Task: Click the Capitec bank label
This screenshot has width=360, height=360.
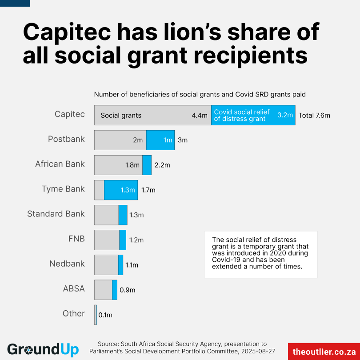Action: point(69,114)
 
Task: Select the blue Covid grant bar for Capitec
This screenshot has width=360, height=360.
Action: point(253,115)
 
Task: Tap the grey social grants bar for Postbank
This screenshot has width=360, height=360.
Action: point(120,140)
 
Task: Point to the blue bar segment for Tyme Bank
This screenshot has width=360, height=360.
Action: point(121,190)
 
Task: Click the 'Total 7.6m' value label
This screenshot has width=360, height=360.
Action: point(314,116)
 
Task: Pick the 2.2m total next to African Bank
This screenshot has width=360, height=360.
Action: point(162,165)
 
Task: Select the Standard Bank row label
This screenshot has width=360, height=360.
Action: point(56,214)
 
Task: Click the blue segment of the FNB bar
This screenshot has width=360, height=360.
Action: point(123,240)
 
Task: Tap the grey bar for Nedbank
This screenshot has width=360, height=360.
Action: point(106,264)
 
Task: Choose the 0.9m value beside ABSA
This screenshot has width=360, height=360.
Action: point(127,290)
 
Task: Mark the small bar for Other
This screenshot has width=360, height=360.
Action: point(96,315)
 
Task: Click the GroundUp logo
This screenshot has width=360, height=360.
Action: point(43,349)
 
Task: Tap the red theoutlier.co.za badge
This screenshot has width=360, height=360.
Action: point(324,351)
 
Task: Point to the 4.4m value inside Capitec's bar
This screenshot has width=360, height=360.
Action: point(200,116)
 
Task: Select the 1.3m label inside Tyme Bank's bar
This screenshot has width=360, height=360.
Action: point(128,190)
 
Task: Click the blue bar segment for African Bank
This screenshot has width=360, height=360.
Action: point(147,165)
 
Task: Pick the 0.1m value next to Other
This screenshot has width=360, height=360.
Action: point(105,315)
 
